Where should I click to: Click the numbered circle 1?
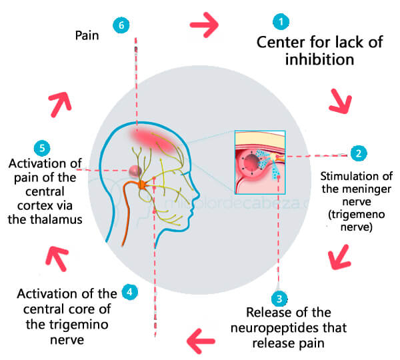coord(283,22)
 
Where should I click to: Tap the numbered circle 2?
coord(358,153)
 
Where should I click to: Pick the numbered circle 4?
coord(131,291)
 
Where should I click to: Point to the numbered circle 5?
coord(41,146)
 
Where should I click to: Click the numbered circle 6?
coord(121,25)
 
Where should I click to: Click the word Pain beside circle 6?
coord(87,36)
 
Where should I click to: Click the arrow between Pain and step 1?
coord(204,25)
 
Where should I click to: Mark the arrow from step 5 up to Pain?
coord(59,101)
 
